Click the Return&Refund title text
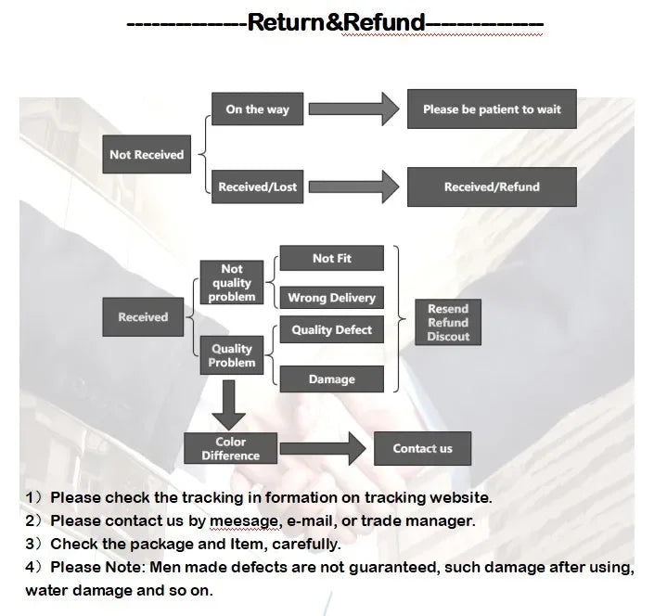point(336,22)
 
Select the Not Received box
point(147,155)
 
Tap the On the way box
point(257,109)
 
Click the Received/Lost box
point(257,186)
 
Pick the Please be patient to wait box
point(492,109)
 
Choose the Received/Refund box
point(492,186)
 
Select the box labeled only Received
point(143,317)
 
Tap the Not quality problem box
point(232,283)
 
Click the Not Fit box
point(331,259)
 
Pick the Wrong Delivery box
point(331,298)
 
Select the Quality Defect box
point(331,330)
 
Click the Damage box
point(331,379)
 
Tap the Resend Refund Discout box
point(448,323)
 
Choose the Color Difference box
point(231,449)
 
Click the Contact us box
point(422,449)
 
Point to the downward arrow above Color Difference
point(227,405)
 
